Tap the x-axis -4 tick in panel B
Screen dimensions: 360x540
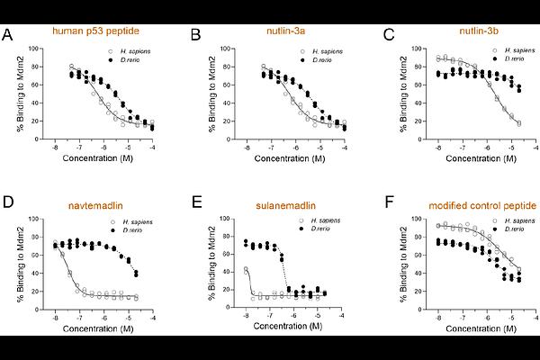click(346, 145)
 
